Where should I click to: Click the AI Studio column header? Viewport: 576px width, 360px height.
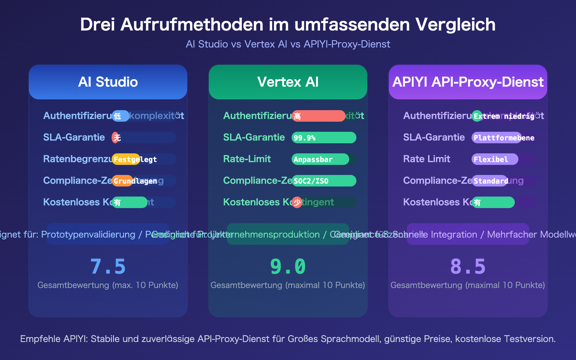(x=108, y=82)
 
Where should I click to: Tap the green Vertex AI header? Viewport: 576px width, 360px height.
(x=288, y=82)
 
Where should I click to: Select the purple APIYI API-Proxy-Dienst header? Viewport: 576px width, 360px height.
(x=468, y=82)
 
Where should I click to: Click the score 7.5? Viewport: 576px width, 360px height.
(x=108, y=267)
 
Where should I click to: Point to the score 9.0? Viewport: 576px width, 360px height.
(x=288, y=267)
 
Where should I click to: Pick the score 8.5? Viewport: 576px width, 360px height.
(x=468, y=267)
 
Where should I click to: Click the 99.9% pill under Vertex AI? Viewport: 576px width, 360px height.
(x=324, y=138)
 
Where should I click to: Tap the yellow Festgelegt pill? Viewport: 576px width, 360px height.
(x=126, y=159)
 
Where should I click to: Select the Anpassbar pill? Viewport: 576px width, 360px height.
(x=320, y=159)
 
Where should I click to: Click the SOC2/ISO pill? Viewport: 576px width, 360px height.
(x=324, y=181)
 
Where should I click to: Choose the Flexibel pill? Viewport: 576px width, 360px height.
(x=495, y=159)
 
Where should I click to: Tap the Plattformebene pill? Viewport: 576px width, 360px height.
(x=497, y=138)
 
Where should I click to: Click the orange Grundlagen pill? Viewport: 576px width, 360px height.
(x=122, y=181)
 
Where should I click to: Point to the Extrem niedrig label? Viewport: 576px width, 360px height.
(x=504, y=116)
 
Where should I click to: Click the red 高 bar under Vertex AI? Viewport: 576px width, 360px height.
(x=319, y=116)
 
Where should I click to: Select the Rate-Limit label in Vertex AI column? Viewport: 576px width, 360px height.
(x=247, y=159)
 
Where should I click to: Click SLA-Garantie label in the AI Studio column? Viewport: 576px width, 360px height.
(x=74, y=138)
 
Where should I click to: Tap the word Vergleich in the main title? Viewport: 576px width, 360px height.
(x=455, y=24)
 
